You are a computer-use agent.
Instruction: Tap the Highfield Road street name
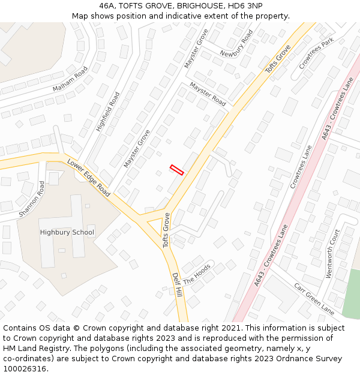[108, 111]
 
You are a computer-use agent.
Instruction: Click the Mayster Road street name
[208, 94]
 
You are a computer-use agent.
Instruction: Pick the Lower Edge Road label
[89, 178]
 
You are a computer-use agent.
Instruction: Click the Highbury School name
[67, 232]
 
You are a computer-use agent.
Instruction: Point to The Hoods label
[197, 274]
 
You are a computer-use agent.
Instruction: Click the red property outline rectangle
[176, 169]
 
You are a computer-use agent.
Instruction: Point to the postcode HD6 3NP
[245, 5]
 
